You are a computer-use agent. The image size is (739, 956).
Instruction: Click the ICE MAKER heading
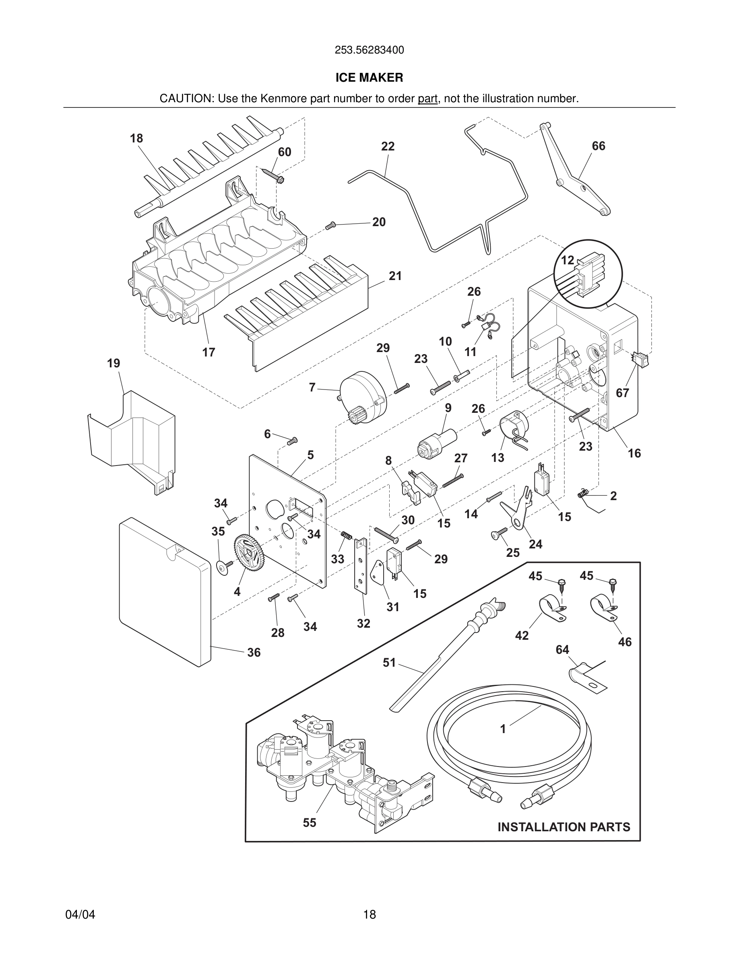pos(369,78)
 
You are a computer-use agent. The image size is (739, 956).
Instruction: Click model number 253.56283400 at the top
pos(369,50)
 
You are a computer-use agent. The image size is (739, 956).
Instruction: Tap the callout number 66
pos(599,146)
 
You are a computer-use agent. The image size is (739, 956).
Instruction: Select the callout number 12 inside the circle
pos(568,260)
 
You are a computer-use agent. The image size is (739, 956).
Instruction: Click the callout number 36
pos(254,652)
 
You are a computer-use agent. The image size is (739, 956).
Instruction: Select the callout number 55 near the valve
pos(310,822)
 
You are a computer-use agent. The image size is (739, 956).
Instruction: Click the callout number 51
pos(389,662)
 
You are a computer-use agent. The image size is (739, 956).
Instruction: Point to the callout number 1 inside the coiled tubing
pos(503,729)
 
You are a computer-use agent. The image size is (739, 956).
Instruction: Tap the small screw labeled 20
pos(330,225)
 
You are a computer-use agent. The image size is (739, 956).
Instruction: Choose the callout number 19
pos(114,363)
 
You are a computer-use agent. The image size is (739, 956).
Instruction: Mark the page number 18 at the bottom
pos(369,915)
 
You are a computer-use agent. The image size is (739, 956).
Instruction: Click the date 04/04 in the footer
pos(80,915)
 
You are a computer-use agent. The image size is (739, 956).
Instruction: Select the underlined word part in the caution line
pos(427,99)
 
